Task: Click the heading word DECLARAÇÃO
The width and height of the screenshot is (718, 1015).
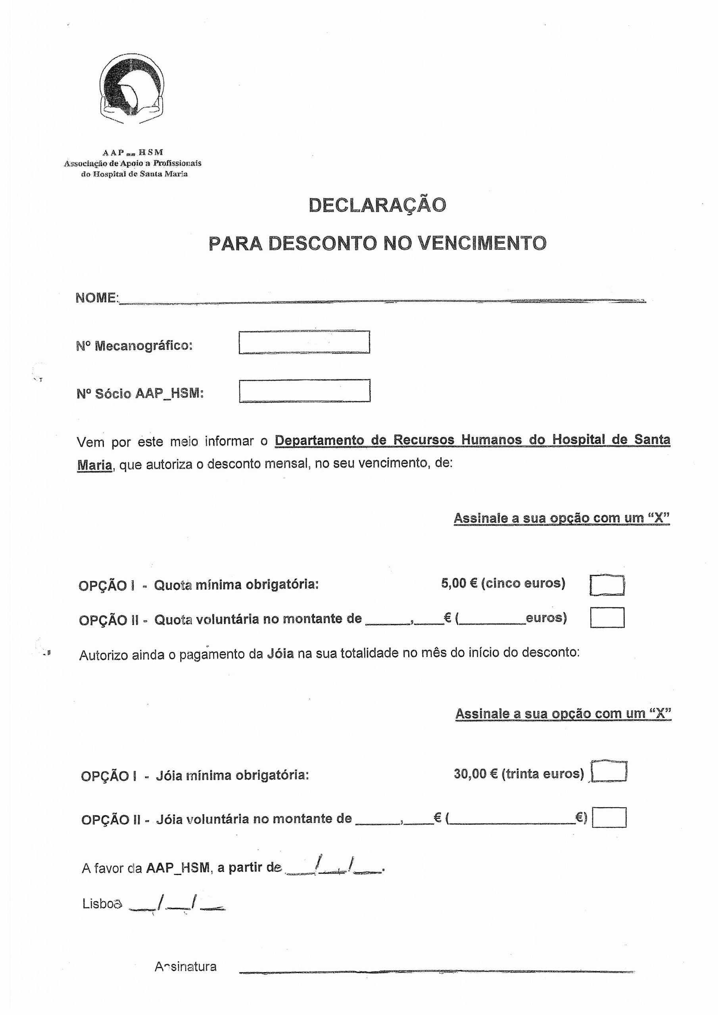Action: tap(377, 205)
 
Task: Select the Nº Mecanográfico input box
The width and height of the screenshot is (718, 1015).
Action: tap(304, 342)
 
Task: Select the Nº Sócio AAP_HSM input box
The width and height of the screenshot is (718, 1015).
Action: tap(304, 391)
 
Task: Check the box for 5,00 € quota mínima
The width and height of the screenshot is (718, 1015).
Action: tap(607, 585)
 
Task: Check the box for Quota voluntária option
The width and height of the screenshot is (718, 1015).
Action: tap(607, 618)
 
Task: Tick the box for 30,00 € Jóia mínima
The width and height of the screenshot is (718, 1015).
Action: tap(609, 772)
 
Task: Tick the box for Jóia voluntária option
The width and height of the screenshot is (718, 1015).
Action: tap(609, 818)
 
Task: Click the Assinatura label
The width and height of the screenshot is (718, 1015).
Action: tap(185, 967)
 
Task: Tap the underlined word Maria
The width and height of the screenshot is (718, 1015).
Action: tap(94, 465)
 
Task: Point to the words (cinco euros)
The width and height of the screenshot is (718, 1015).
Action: tap(523, 584)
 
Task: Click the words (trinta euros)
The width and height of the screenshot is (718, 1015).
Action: tap(543, 774)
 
